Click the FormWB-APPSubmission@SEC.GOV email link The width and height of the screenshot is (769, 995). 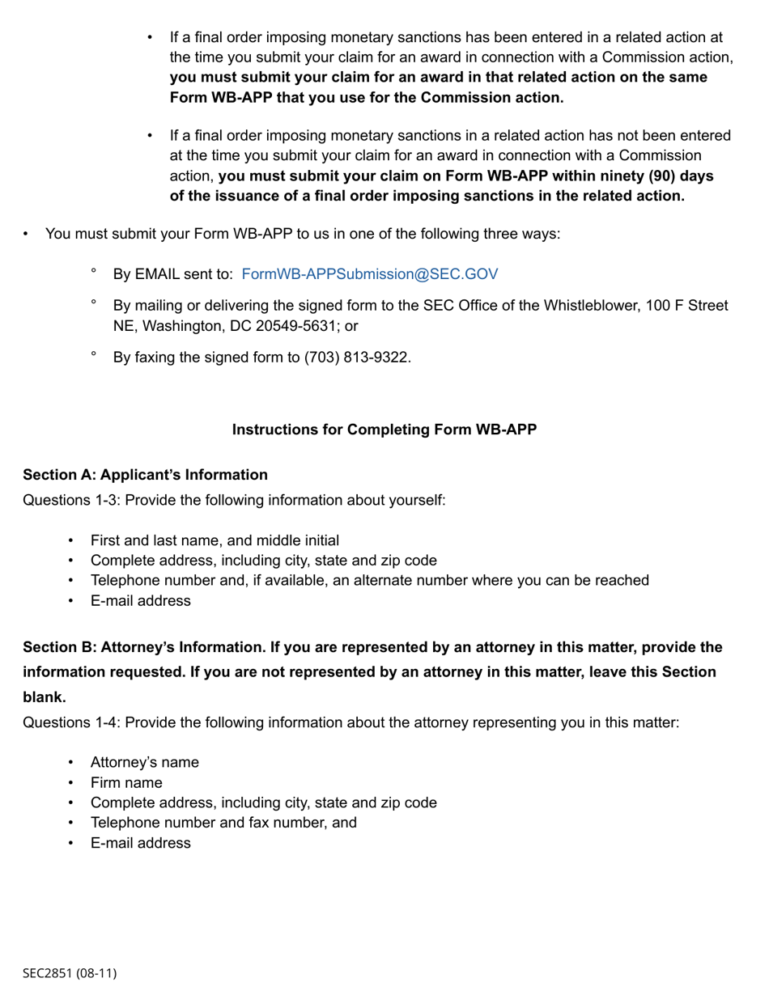[x=370, y=274]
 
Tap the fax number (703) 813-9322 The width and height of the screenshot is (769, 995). [x=357, y=357]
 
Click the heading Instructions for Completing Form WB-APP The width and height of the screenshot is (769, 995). [x=384, y=430]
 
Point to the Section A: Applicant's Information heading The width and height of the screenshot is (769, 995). [x=146, y=475]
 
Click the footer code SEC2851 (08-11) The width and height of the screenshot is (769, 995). [x=70, y=973]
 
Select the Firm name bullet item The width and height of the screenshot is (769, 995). [x=126, y=783]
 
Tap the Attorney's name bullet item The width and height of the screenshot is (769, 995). [x=145, y=763]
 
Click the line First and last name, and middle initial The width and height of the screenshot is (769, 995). [x=215, y=540]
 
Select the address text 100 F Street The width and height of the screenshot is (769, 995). [x=687, y=306]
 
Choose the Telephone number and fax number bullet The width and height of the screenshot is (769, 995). [x=223, y=823]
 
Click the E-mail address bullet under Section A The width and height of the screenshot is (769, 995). [x=141, y=601]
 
